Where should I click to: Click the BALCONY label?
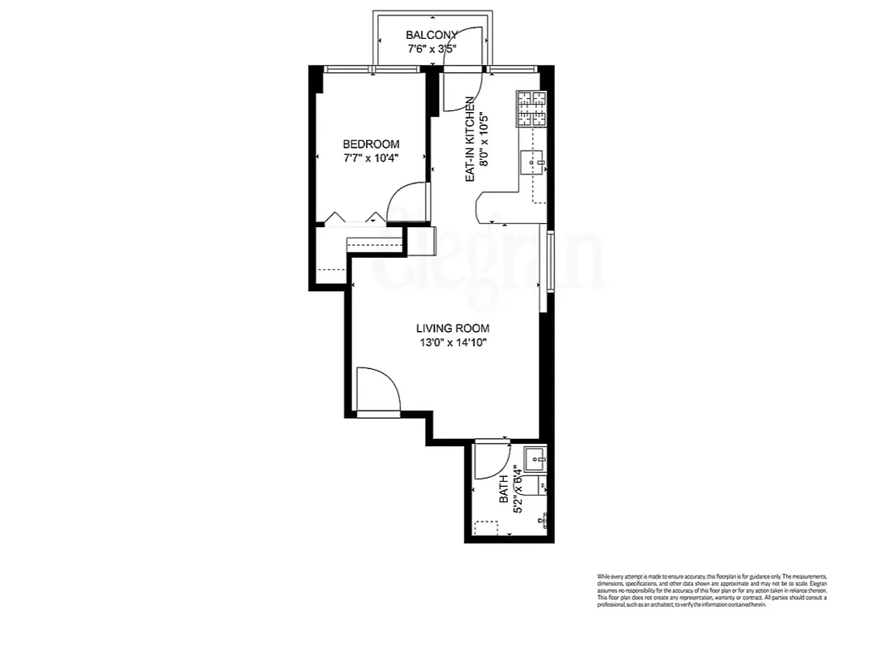click(x=432, y=35)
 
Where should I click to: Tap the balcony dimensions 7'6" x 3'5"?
click(x=432, y=49)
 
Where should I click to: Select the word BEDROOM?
click(x=371, y=144)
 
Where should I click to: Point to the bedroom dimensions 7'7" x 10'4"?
click(x=371, y=158)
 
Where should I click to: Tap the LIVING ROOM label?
click(x=453, y=329)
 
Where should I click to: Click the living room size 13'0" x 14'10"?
click(x=453, y=343)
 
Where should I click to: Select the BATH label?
click(x=503, y=490)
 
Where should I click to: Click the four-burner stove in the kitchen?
click(x=532, y=109)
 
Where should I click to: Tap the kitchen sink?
click(x=535, y=163)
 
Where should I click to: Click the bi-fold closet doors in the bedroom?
click(x=353, y=217)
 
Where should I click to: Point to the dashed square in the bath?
click(x=487, y=528)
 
